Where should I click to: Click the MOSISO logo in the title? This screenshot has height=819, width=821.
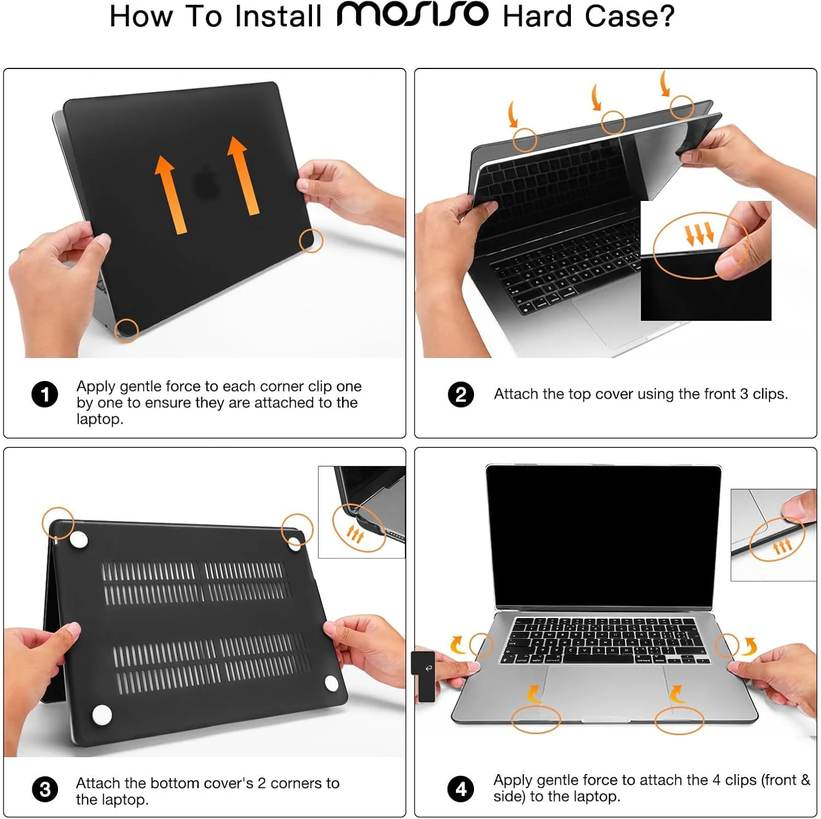pyautogui.click(x=413, y=15)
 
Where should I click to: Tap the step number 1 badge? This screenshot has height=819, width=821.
pyautogui.click(x=45, y=394)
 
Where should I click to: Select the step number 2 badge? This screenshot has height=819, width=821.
pyautogui.click(x=461, y=394)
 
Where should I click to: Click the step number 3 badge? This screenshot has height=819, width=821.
pyautogui.click(x=45, y=789)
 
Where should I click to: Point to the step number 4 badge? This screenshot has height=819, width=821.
pyautogui.click(x=461, y=789)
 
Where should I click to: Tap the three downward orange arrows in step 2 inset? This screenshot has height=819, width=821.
pyautogui.click(x=700, y=234)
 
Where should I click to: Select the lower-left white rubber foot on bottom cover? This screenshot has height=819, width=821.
pyautogui.click(x=102, y=714)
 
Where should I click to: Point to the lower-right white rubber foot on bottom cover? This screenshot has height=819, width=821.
pyautogui.click(x=331, y=683)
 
